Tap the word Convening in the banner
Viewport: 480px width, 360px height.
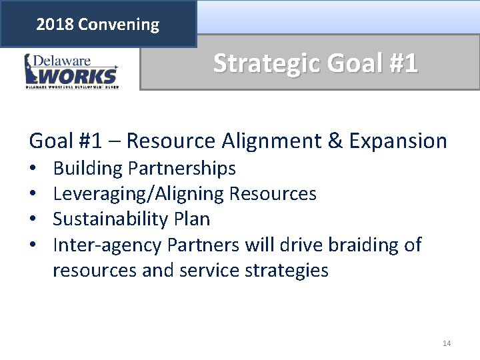pyautogui.click(x=119, y=25)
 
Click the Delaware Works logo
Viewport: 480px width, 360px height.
pyautogui.click(x=71, y=71)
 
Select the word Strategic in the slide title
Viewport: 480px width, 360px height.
pyautogui.click(x=264, y=63)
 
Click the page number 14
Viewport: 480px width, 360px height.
pyautogui.click(x=446, y=343)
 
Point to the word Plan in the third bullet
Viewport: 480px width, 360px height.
pyautogui.click(x=192, y=219)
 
